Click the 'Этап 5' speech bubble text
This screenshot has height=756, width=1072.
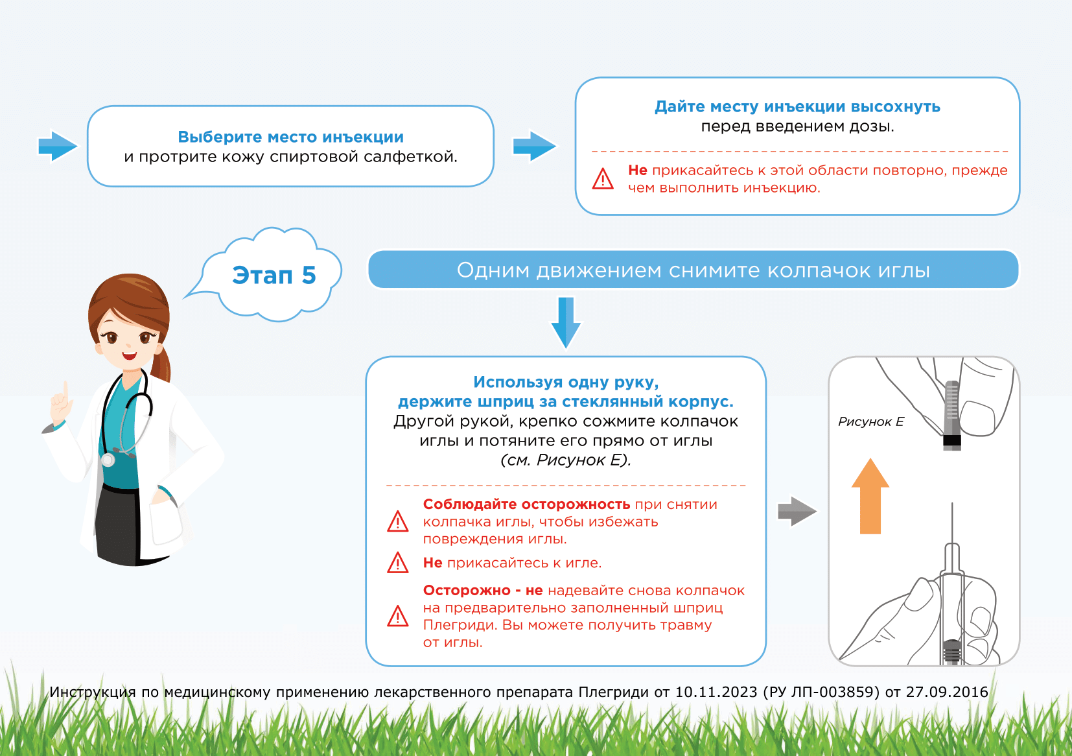(274, 276)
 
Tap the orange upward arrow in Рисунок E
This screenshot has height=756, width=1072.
(870, 496)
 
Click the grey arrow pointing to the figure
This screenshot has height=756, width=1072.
(797, 512)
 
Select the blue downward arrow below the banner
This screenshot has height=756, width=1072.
(566, 322)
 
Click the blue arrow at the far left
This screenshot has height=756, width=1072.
(58, 146)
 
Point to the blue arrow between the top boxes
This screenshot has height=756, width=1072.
(534, 146)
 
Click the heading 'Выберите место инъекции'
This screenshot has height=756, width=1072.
(290, 137)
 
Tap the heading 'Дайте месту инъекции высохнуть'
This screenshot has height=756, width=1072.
(797, 107)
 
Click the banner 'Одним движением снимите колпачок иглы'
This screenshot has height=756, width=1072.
(693, 270)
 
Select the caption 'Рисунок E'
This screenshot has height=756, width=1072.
(870, 422)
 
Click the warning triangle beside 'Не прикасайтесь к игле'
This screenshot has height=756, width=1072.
(397, 563)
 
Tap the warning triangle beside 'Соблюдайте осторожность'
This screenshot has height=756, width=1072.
(397, 521)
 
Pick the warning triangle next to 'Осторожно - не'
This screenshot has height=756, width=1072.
(397, 616)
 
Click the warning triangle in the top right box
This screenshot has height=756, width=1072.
(603, 179)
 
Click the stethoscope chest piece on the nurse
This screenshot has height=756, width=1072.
(108, 460)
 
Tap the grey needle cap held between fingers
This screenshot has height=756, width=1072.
(951, 415)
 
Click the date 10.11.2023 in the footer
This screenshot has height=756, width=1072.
(716, 692)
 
